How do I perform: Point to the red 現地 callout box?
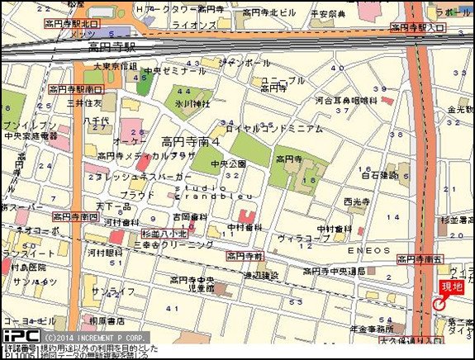[451, 287]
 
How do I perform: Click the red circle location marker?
[438, 306]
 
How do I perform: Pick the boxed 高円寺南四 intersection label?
[76, 216]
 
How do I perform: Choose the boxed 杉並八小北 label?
[165, 234]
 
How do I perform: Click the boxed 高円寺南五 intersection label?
[420, 259]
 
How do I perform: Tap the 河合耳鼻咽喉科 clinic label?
[347, 101]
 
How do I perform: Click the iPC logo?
[20, 336]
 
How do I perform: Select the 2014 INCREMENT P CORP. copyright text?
[96, 337]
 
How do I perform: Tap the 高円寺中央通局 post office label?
[335, 272]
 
